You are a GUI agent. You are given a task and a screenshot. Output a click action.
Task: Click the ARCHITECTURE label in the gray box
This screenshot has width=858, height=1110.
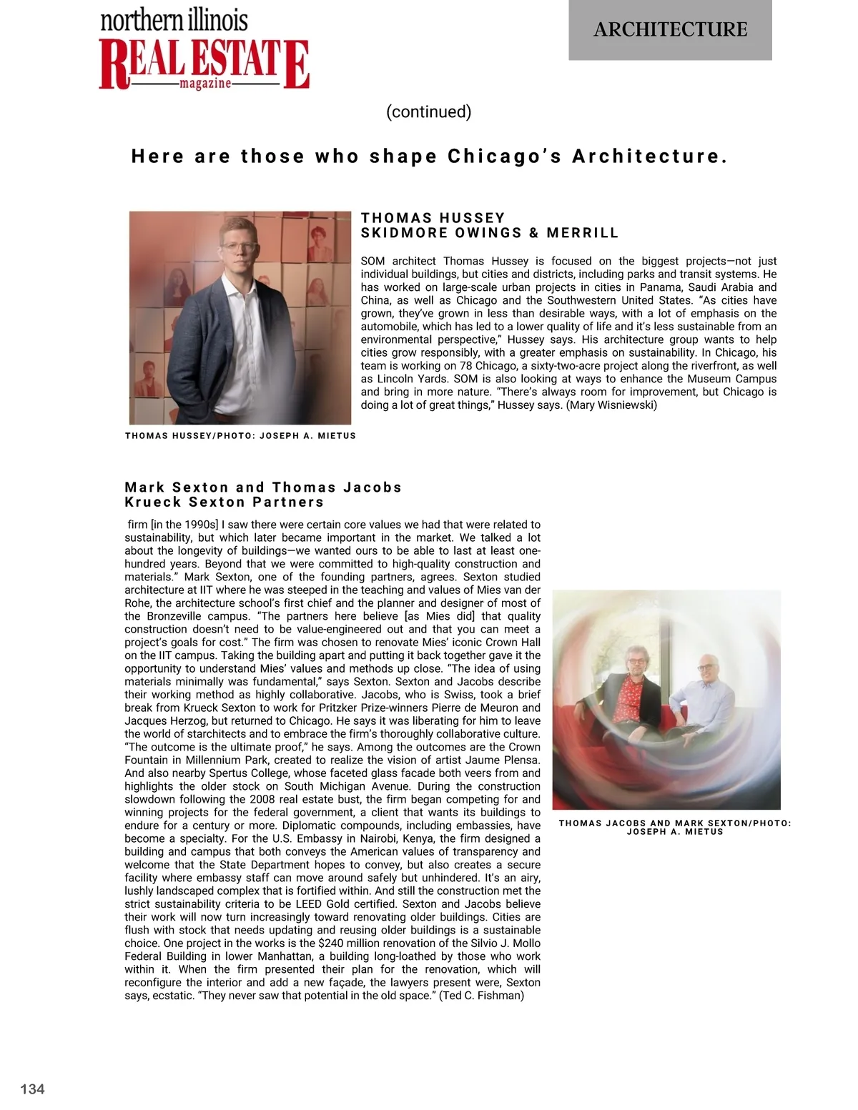tap(670, 29)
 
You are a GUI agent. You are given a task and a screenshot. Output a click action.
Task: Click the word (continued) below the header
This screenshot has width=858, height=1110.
tap(428, 112)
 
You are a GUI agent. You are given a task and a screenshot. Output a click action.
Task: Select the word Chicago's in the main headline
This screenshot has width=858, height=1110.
tap(505, 157)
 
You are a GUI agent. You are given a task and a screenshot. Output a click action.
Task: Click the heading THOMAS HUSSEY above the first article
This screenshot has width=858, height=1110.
tap(433, 217)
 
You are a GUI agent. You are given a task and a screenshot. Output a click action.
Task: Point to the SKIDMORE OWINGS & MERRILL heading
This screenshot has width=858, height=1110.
tap(490, 233)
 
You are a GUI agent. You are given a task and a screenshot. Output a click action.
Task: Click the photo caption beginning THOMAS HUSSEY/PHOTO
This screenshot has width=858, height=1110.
tap(240, 435)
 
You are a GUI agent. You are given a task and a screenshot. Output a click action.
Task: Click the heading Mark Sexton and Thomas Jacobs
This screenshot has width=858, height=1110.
tap(263, 487)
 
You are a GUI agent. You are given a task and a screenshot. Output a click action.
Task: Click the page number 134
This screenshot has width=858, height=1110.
tap(32, 1089)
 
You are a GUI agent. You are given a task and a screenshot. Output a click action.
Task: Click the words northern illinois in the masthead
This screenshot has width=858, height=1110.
tap(174, 20)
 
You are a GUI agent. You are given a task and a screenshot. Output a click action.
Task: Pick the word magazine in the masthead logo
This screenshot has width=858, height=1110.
tap(205, 84)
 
